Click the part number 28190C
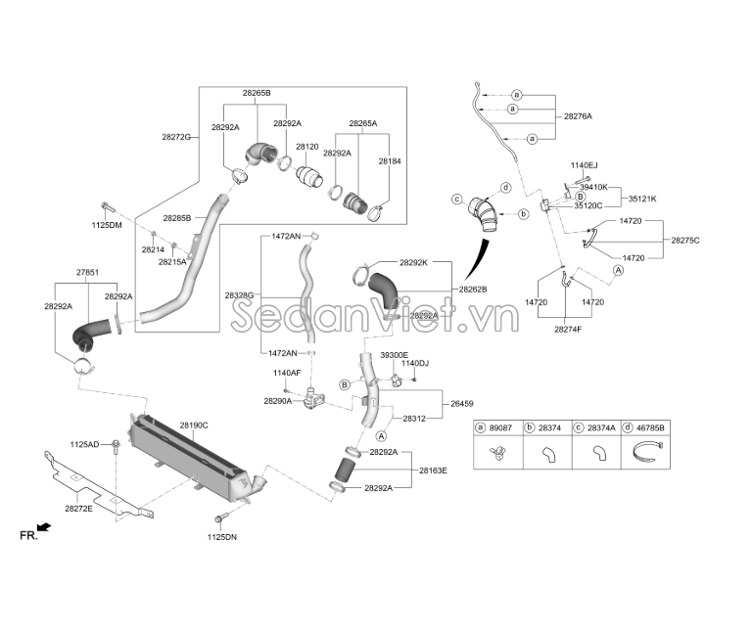(x=194, y=425)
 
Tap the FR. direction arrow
(x=44, y=527)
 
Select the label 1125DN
(x=222, y=537)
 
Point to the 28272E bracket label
(x=78, y=509)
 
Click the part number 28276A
(x=578, y=116)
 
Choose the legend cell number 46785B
(x=650, y=427)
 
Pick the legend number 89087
(x=500, y=427)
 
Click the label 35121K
(x=642, y=199)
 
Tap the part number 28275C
(x=685, y=241)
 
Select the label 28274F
(x=568, y=330)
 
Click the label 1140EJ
(x=585, y=165)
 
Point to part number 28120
(x=306, y=147)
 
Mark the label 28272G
(x=176, y=137)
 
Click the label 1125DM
(x=107, y=225)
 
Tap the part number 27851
(x=88, y=273)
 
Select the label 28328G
(x=239, y=295)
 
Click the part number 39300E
(x=395, y=355)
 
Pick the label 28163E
(x=433, y=470)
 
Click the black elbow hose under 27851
(x=85, y=334)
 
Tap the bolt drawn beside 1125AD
(x=116, y=445)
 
